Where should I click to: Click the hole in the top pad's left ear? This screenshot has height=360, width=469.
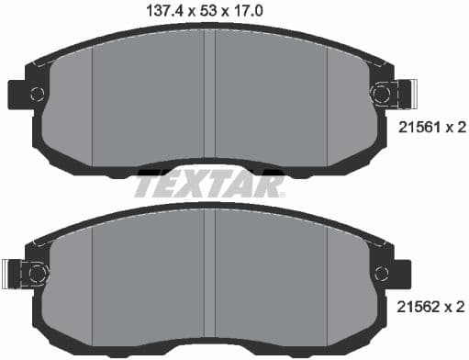(37, 94)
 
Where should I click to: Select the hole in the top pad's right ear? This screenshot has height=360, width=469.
(383, 93)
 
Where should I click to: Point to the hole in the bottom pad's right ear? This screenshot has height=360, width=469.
(383, 272)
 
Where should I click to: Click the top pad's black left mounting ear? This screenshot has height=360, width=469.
(18, 94)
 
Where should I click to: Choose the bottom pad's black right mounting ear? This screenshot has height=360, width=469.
(401, 272)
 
